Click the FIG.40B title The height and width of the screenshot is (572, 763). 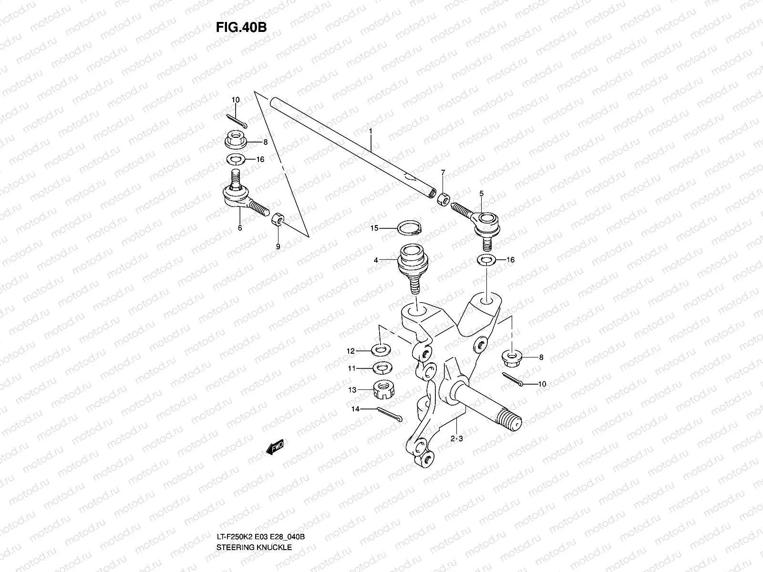pos(241,27)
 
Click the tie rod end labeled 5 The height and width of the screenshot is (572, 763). pos(482,224)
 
